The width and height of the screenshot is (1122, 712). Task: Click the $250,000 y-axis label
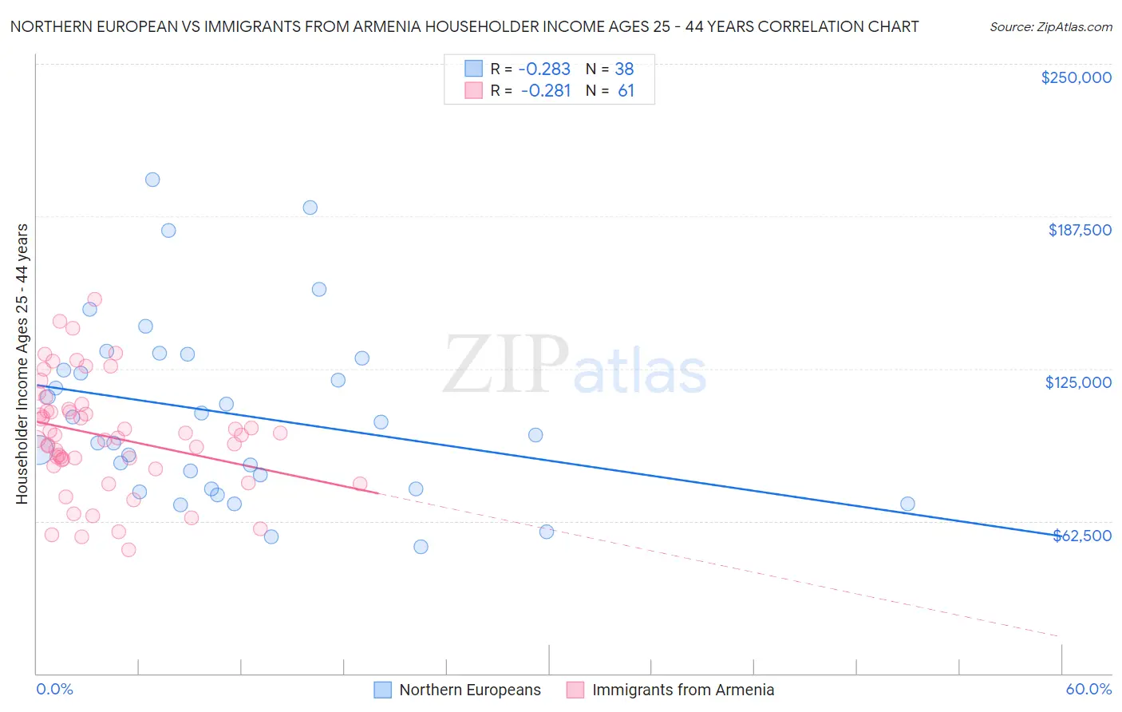1076,77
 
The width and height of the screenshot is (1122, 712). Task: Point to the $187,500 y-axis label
1079,230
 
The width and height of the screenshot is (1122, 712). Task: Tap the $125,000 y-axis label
1078,382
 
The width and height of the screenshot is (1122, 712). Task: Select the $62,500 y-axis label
1082,536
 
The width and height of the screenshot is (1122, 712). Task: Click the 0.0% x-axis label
54,689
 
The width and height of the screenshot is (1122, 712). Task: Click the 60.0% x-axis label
1088,689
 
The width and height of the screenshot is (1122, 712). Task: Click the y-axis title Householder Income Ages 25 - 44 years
22,364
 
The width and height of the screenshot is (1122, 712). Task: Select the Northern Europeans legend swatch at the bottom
383,690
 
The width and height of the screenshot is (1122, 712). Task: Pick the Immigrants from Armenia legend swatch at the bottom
575,690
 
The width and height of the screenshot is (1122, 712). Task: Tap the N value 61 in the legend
626,91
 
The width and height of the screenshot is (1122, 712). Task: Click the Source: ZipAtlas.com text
1050,26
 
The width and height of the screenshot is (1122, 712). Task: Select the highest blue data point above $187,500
152,180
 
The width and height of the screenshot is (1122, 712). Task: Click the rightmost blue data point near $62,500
907,504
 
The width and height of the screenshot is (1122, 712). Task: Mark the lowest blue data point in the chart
421,547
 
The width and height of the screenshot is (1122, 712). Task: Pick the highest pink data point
94,299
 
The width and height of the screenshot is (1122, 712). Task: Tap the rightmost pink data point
360,484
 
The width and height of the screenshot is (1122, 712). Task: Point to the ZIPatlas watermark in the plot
575,366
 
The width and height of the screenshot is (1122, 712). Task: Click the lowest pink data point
128,549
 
